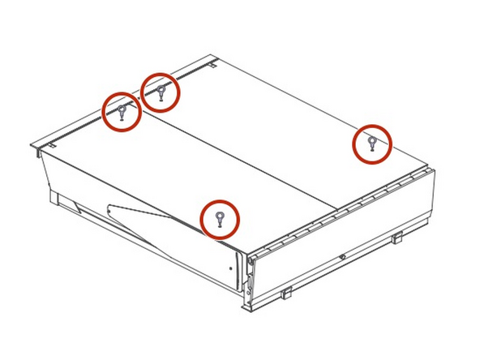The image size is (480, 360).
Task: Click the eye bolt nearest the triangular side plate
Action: pos(219,217)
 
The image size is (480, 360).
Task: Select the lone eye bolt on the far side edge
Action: pos(371,143)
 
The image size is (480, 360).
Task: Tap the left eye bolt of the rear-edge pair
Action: pos(122,110)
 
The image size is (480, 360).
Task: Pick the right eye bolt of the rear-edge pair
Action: pos(161,91)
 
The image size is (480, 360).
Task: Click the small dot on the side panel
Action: pos(231,265)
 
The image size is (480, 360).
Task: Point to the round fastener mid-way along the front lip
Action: pos(343,257)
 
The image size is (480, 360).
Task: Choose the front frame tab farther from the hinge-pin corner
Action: pos(396,238)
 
